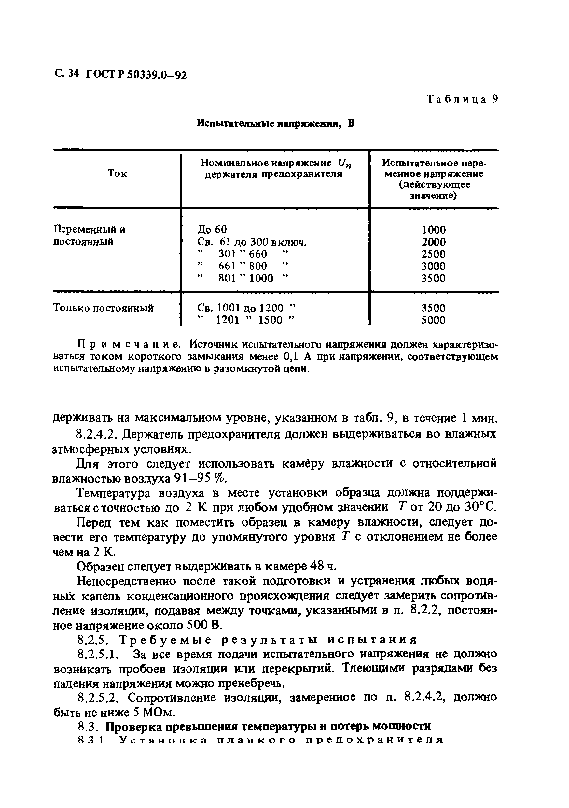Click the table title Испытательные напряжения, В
point(275,123)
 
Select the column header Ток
point(118,174)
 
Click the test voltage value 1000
point(433,230)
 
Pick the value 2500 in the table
point(433,254)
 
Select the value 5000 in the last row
point(433,320)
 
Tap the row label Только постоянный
point(104,308)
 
